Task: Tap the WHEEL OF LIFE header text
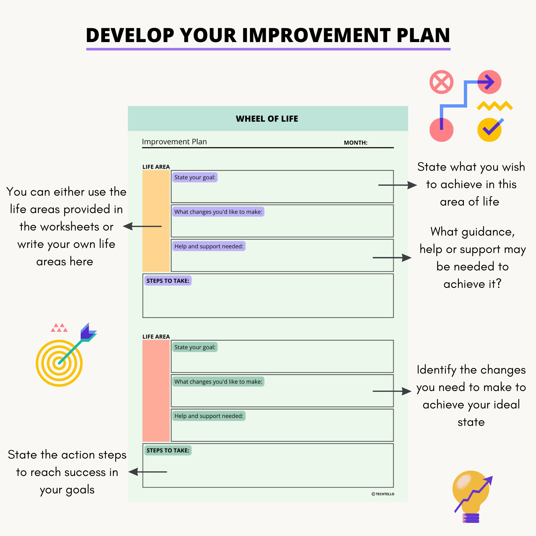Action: click(x=267, y=119)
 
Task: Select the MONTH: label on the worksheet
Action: click(x=355, y=143)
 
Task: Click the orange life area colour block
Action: click(x=156, y=221)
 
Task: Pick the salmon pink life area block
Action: click(x=156, y=391)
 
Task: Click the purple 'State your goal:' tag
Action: click(x=195, y=177)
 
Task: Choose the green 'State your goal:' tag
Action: click(x=195, y=347)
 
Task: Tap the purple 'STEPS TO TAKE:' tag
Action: click(x=168, y=281)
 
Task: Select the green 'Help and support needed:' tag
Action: click(x=209, y=416)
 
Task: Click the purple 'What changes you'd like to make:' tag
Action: click(x=218, y=212)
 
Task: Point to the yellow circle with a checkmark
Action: click(x=489, y=130)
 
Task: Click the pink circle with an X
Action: click(x=441, y=82)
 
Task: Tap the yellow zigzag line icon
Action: click(x=495, y=106)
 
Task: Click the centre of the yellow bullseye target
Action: click(x=59, y=363)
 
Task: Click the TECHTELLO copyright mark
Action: click(x=383, y=494)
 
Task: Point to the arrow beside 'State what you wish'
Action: click(x=397, y=185)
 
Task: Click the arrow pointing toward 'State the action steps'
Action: click(x=148, y=472)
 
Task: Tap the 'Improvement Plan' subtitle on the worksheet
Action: click(x=174, y=142)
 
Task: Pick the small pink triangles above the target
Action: click(x=59, y=328)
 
